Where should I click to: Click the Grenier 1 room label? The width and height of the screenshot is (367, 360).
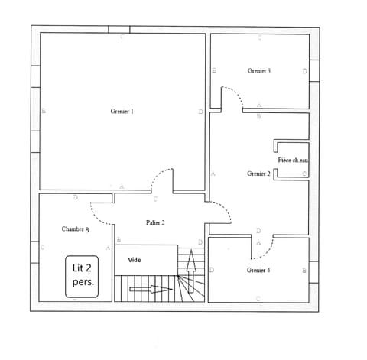122,112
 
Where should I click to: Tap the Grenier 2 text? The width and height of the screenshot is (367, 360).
258,174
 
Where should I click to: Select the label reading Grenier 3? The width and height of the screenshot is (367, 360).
259,70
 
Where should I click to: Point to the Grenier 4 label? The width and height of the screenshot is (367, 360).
258,271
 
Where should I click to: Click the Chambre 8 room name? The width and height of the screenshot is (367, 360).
76,229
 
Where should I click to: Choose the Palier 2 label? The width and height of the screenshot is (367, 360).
155,222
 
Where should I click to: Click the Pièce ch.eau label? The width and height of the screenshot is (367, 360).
293,160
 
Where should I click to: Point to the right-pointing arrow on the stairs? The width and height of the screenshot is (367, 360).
151,289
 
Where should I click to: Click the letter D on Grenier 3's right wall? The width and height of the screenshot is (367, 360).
304,71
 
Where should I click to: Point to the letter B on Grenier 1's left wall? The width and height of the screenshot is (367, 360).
44,112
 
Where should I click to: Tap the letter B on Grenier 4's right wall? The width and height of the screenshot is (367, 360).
304,271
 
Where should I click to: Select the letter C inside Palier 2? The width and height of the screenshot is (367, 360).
155,199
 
